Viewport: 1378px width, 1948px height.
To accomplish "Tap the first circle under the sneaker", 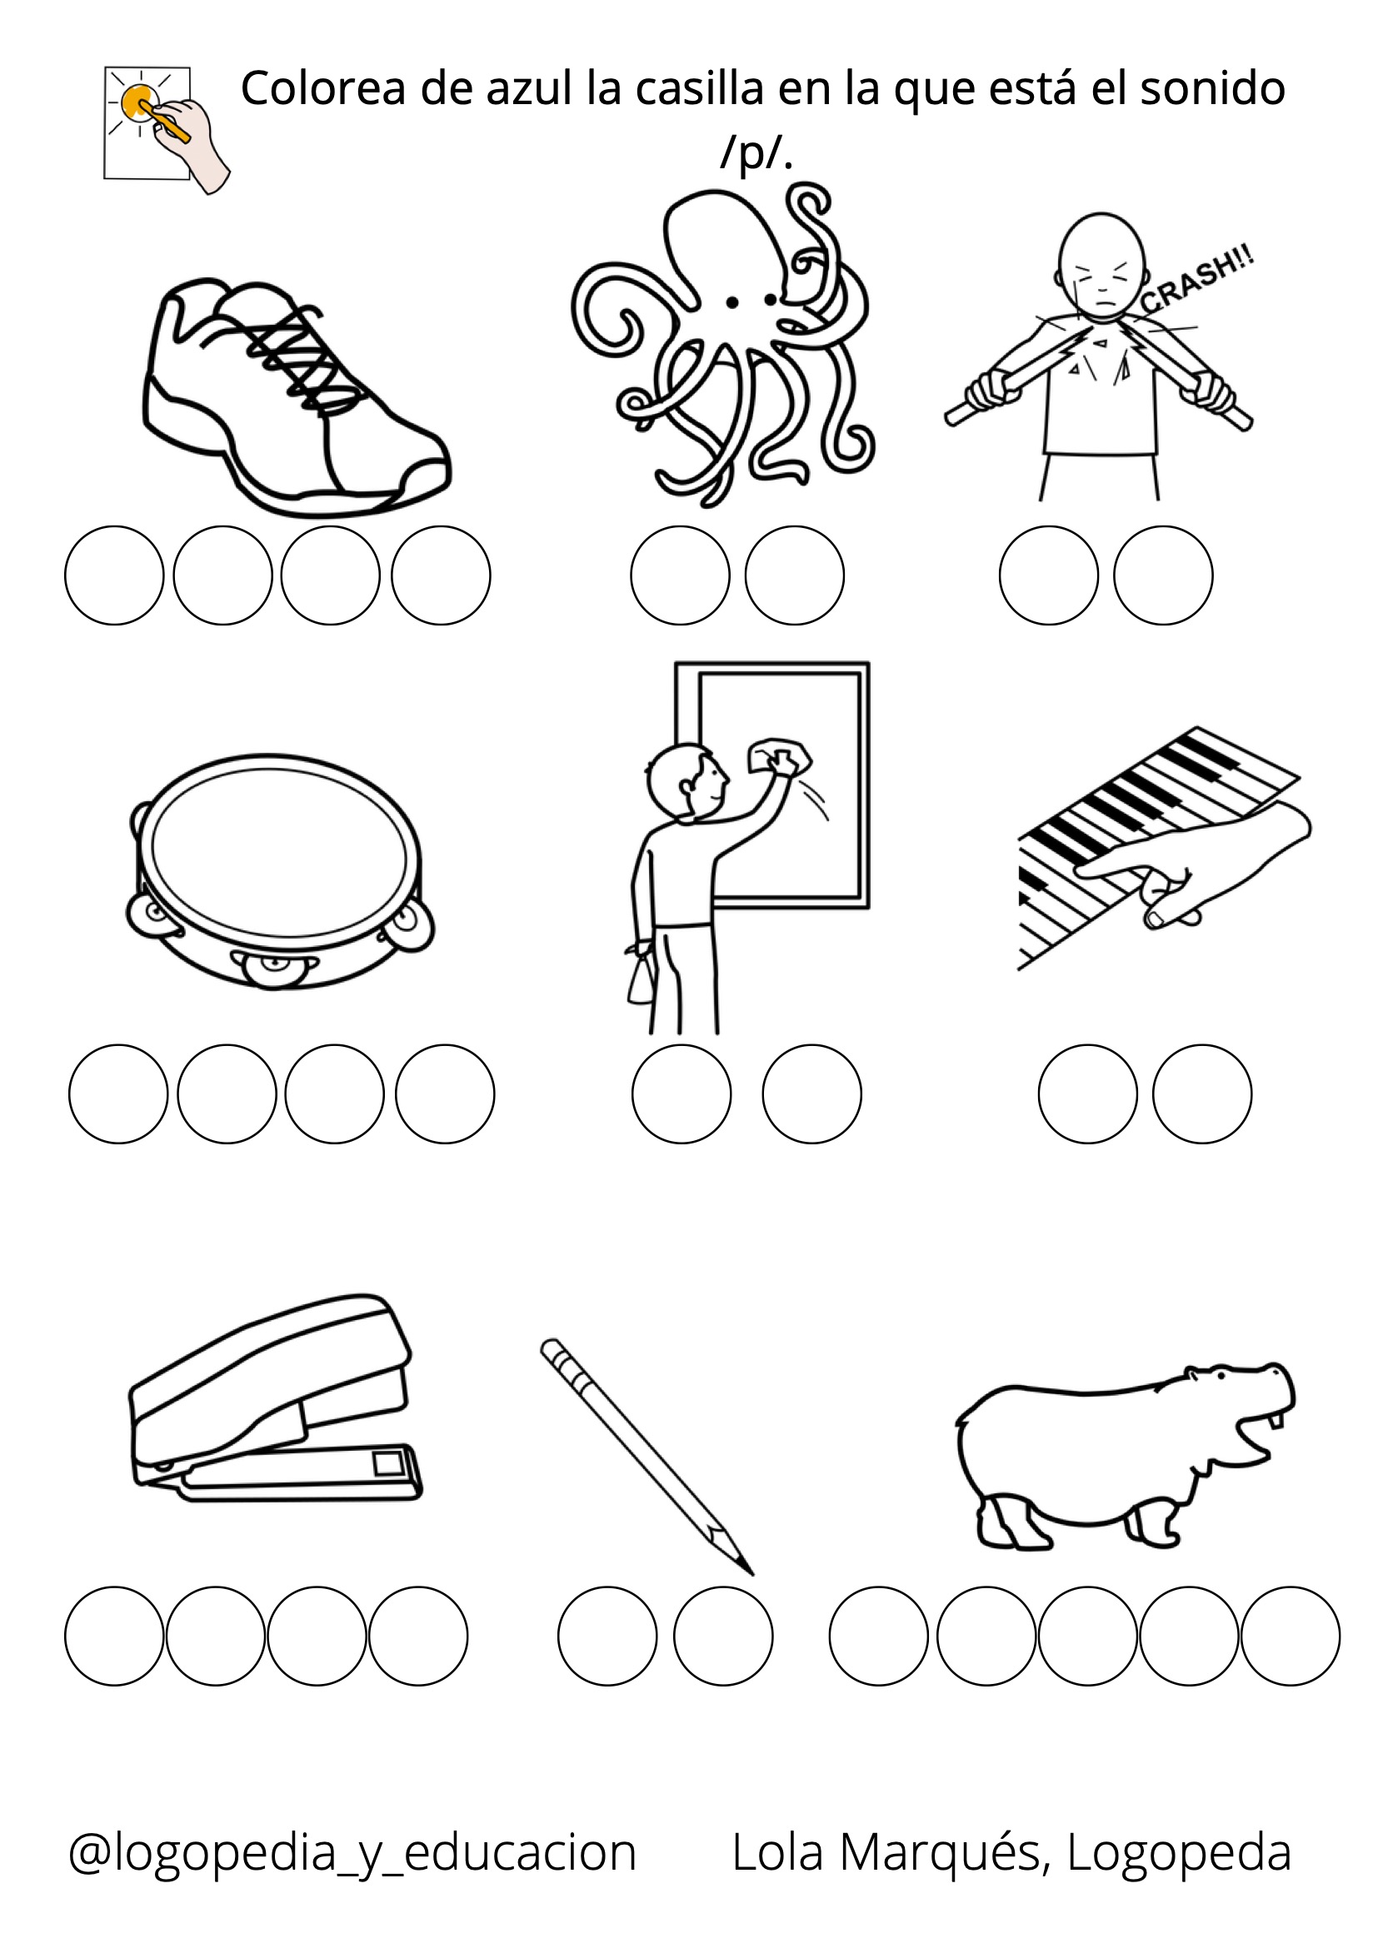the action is pos(114,575).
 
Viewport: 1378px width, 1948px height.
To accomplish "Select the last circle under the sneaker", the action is pos(442,575).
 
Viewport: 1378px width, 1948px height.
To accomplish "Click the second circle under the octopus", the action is pos(795,575).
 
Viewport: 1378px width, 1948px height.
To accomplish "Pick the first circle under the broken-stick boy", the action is pos(1049,575).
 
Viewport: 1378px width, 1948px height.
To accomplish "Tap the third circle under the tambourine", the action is pos(335,1094).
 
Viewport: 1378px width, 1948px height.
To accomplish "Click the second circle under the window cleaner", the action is pos(812,1094).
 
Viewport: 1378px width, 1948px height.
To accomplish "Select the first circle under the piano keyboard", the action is pos(1088,1094).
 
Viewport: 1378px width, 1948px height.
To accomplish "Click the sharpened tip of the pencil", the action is pos(751,1574).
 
